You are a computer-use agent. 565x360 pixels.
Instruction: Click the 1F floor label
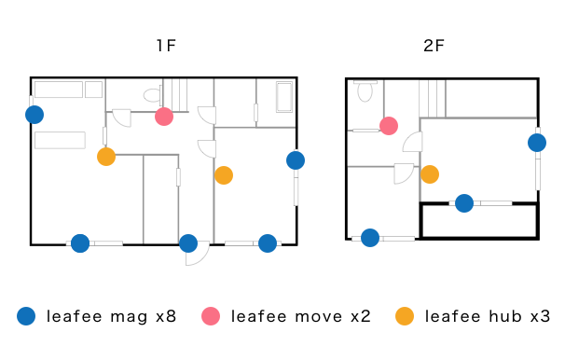tap(166, 46)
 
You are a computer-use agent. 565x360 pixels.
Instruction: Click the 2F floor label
tap(434, 46)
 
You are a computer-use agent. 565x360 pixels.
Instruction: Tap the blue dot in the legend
tap(26, 316)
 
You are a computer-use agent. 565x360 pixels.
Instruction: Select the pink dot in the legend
tap(211, 316)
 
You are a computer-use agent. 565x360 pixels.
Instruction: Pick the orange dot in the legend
tap(405, 316)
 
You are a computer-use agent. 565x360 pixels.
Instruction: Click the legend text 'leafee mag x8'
tap(111, 316)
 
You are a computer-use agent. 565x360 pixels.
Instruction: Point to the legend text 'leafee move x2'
tap(301, 316)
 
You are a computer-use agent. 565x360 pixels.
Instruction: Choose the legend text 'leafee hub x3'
tap(488, 316)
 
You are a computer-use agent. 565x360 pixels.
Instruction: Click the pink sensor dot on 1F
tap(164, 117)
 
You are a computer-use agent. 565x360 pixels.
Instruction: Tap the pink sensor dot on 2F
tap(389, 126)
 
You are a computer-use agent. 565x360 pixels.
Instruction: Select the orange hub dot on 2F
tap(430, 174)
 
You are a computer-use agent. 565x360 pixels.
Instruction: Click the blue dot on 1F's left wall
tap(34, 115)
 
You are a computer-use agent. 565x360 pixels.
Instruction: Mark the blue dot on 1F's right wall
tap(296, 160)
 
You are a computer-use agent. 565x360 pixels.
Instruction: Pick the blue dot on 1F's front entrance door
tap(188, 243)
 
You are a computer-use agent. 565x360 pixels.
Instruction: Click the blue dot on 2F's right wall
tap(537, 143)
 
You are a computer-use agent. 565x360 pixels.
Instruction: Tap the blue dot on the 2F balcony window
tap(464, 203)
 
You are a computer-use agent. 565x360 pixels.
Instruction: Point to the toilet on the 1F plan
tap(152, 95)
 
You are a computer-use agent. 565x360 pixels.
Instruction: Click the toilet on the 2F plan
tap(365, 91)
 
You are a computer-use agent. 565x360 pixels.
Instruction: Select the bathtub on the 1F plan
tap(284, 97)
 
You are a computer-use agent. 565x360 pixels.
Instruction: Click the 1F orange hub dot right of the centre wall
tap(224, 175)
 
